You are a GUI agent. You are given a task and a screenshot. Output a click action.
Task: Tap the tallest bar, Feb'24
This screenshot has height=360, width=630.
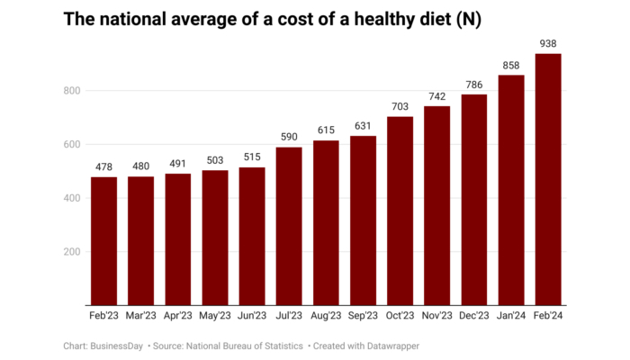pyautogui.click(x=548, y=179)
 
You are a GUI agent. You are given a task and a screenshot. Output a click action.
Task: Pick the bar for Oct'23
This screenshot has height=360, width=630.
pyautogui.click(x=400, y=211)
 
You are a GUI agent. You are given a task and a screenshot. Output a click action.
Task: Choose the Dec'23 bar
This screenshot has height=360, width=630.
pyautogui.click(x=474, y=200)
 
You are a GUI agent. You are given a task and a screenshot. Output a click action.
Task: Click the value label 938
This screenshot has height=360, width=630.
pyautogui.click(x=548, y=42)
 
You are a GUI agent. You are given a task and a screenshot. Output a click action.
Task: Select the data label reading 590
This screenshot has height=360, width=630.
pyautogui.click(x=289, y=136)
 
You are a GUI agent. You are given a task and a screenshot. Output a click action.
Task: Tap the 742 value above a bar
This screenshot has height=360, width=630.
pyautogui.click(x=437, y=95)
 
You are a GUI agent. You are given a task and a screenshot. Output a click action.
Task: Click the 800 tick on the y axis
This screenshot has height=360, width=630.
pyautogui.click(x=72, y=91)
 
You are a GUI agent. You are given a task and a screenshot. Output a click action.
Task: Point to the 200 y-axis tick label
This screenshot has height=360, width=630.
pyautogui.click(x=72, y=252)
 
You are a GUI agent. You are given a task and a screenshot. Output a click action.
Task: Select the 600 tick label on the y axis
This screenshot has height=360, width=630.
pyautogui.click(x=72, y=145)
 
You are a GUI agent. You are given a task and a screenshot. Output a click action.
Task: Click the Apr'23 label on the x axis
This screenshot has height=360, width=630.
pyautogui.click(x=178, y=316)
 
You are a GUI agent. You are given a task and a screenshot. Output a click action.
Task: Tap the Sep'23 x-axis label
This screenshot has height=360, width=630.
pyautogui.click(x=364, y=316)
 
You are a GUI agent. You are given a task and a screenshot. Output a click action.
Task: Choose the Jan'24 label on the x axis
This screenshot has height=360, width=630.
pyautogui.click(x=511, y=316)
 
